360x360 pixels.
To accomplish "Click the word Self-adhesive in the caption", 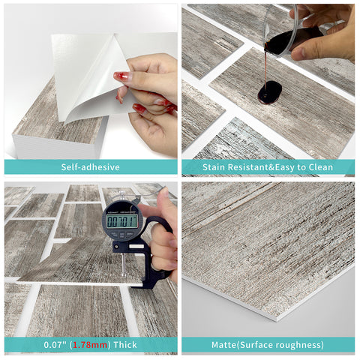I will click(x=90, y=167).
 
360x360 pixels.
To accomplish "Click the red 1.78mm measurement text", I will click(x=94, y=345).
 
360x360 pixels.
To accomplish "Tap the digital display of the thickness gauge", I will click(x=121, y=220).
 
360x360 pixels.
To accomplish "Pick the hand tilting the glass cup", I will click(x=330, y=34).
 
